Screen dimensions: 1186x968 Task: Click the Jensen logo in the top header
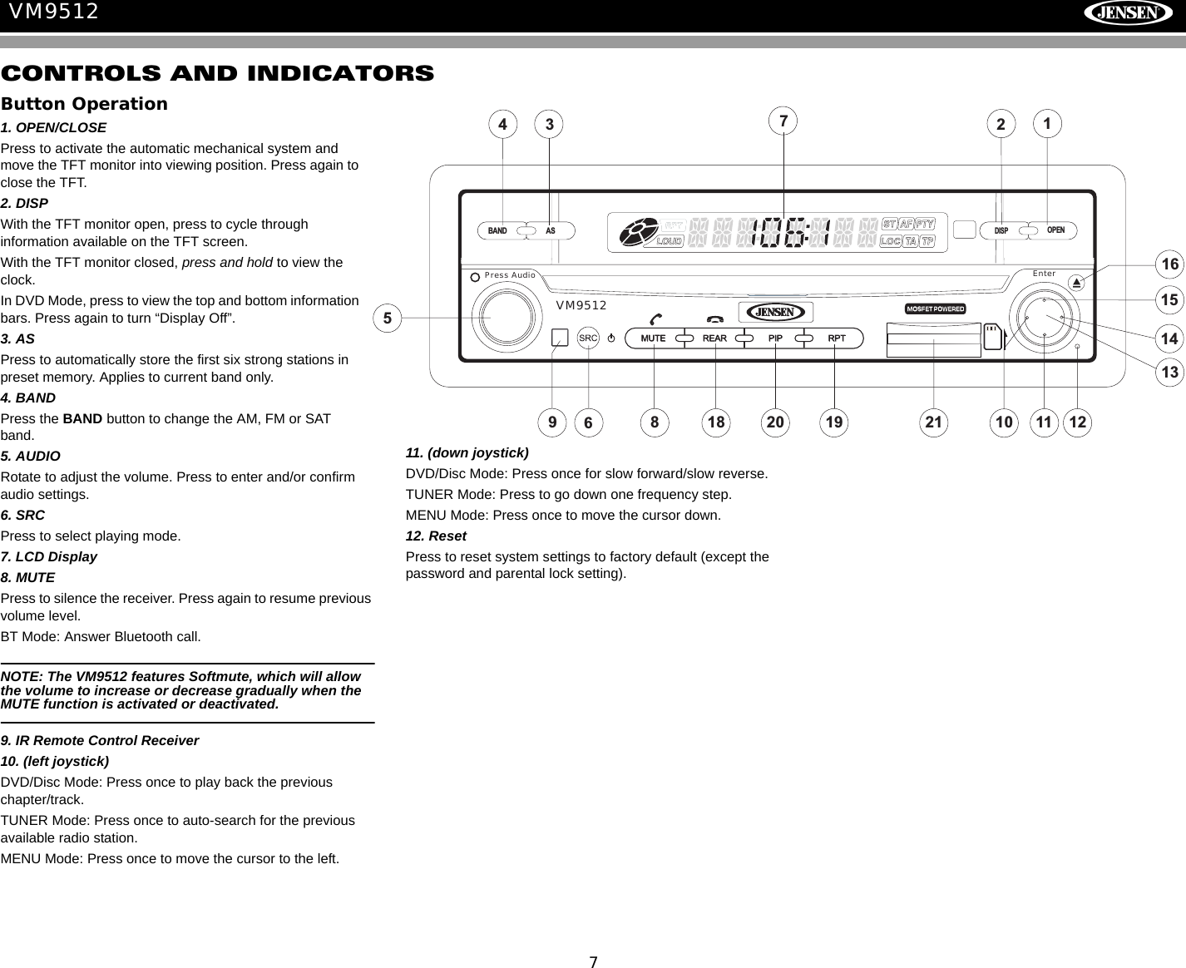pos(1128,13)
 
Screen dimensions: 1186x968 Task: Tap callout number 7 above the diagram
pos(783,121)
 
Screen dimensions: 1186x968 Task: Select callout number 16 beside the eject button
pos(1170,264)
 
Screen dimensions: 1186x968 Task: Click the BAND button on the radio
pos(498,230)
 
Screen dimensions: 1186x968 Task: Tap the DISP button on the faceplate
pos(1002,230)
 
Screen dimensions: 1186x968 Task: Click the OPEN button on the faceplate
pos(1055,230)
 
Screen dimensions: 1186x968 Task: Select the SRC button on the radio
pos(588,338)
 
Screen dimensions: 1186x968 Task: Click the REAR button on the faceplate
pos(714,338)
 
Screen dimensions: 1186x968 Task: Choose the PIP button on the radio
pos(775,338)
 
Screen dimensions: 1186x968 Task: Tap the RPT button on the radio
pos(836,338)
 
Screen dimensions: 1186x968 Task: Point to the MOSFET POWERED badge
pos(935,309)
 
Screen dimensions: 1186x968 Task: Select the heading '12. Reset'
pos(436,536)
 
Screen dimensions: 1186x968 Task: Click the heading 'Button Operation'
pos(84,104)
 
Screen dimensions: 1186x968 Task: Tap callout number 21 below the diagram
pos(934,422)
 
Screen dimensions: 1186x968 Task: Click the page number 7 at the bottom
pos(593,962)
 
